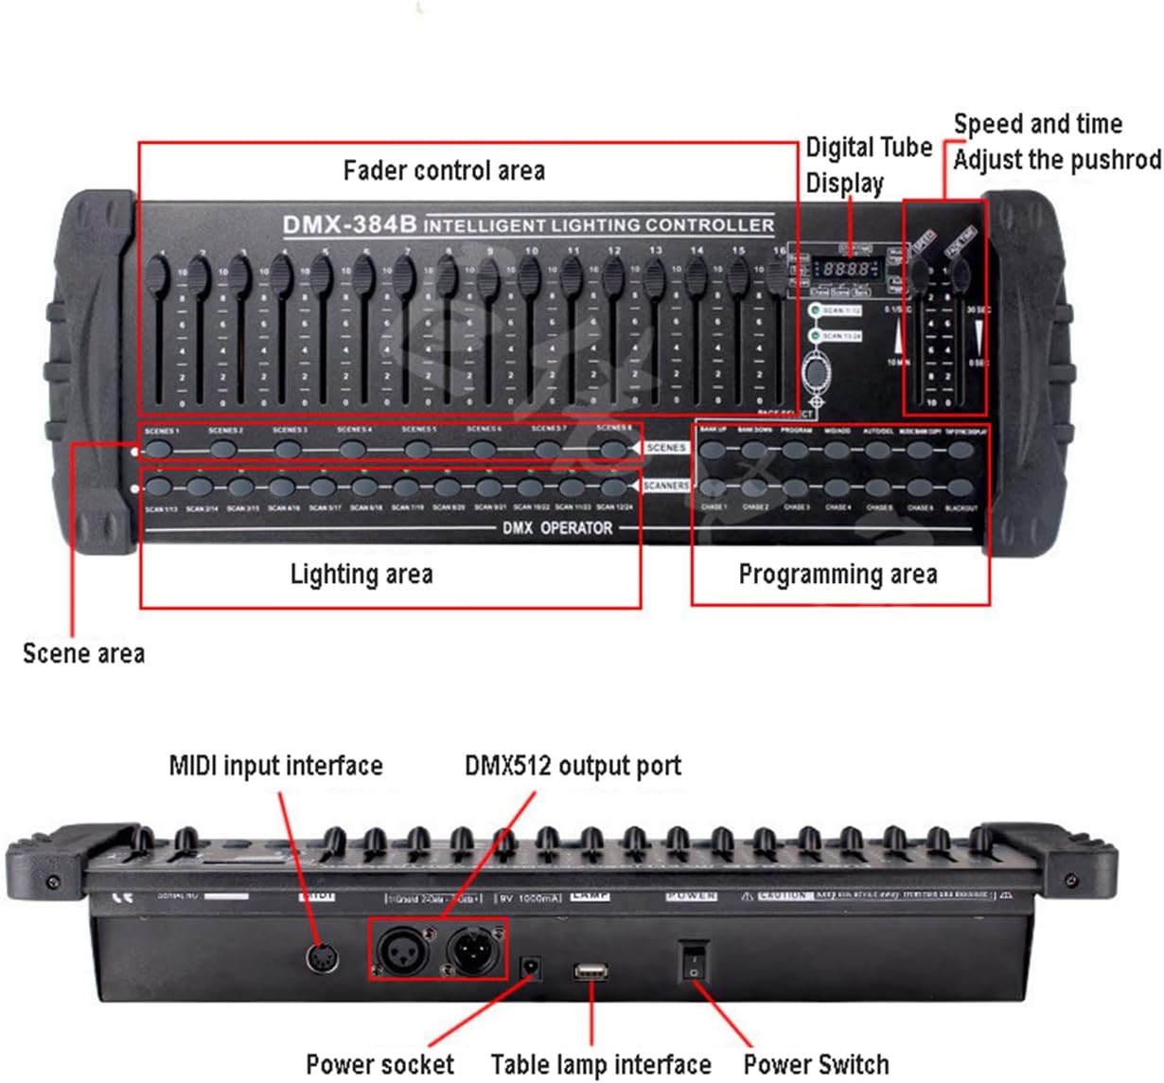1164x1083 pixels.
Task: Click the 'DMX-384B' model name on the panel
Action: point(349,224)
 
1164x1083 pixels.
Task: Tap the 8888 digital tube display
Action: point(845,270)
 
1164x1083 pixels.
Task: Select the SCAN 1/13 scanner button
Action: point(160,487)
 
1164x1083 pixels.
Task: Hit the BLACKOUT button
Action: point(961,488)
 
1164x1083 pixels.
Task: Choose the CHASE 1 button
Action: point(714,488)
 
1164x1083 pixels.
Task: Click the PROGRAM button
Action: point(796,449)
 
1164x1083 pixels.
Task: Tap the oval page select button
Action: point(815,371)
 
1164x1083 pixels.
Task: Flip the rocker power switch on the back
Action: point(694,961)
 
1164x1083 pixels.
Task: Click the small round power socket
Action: point(532,968)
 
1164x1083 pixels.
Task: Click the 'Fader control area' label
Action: point(443,170)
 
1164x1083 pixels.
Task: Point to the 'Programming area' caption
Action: point(838,574)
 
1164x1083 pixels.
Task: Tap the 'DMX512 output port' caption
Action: point(573,765)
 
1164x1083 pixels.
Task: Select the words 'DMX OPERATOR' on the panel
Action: point(556,528)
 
